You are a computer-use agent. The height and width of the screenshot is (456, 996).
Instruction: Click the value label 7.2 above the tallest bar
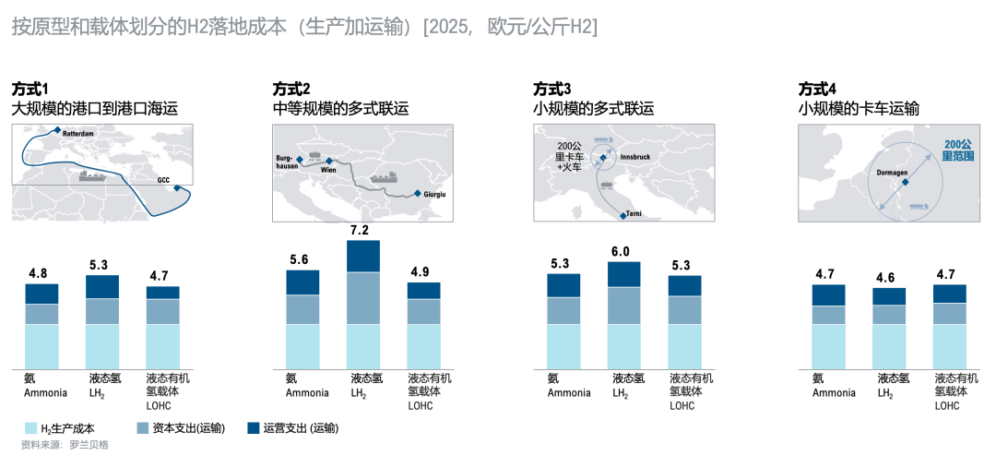click(x=360, y=230)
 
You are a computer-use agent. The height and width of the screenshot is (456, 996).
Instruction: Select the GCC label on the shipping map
click(x=163, y=180)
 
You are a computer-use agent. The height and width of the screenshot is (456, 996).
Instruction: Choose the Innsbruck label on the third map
click(x=635, y=158)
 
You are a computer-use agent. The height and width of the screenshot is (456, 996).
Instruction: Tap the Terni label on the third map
click(x=634, y=214)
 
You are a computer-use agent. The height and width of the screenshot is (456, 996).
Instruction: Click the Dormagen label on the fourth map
click(x=891, y=172)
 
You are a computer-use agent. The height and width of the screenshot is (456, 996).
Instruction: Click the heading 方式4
click(x=817, y=89)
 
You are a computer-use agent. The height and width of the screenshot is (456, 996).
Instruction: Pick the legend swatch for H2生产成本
click(x=30, y=428)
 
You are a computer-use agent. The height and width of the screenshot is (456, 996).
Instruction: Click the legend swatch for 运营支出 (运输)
click(x=254, y=428)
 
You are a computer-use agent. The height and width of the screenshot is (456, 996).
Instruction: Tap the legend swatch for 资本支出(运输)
click(x=142, y=428)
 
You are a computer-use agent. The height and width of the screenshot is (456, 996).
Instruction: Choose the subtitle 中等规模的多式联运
click(x=340, y=109)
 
